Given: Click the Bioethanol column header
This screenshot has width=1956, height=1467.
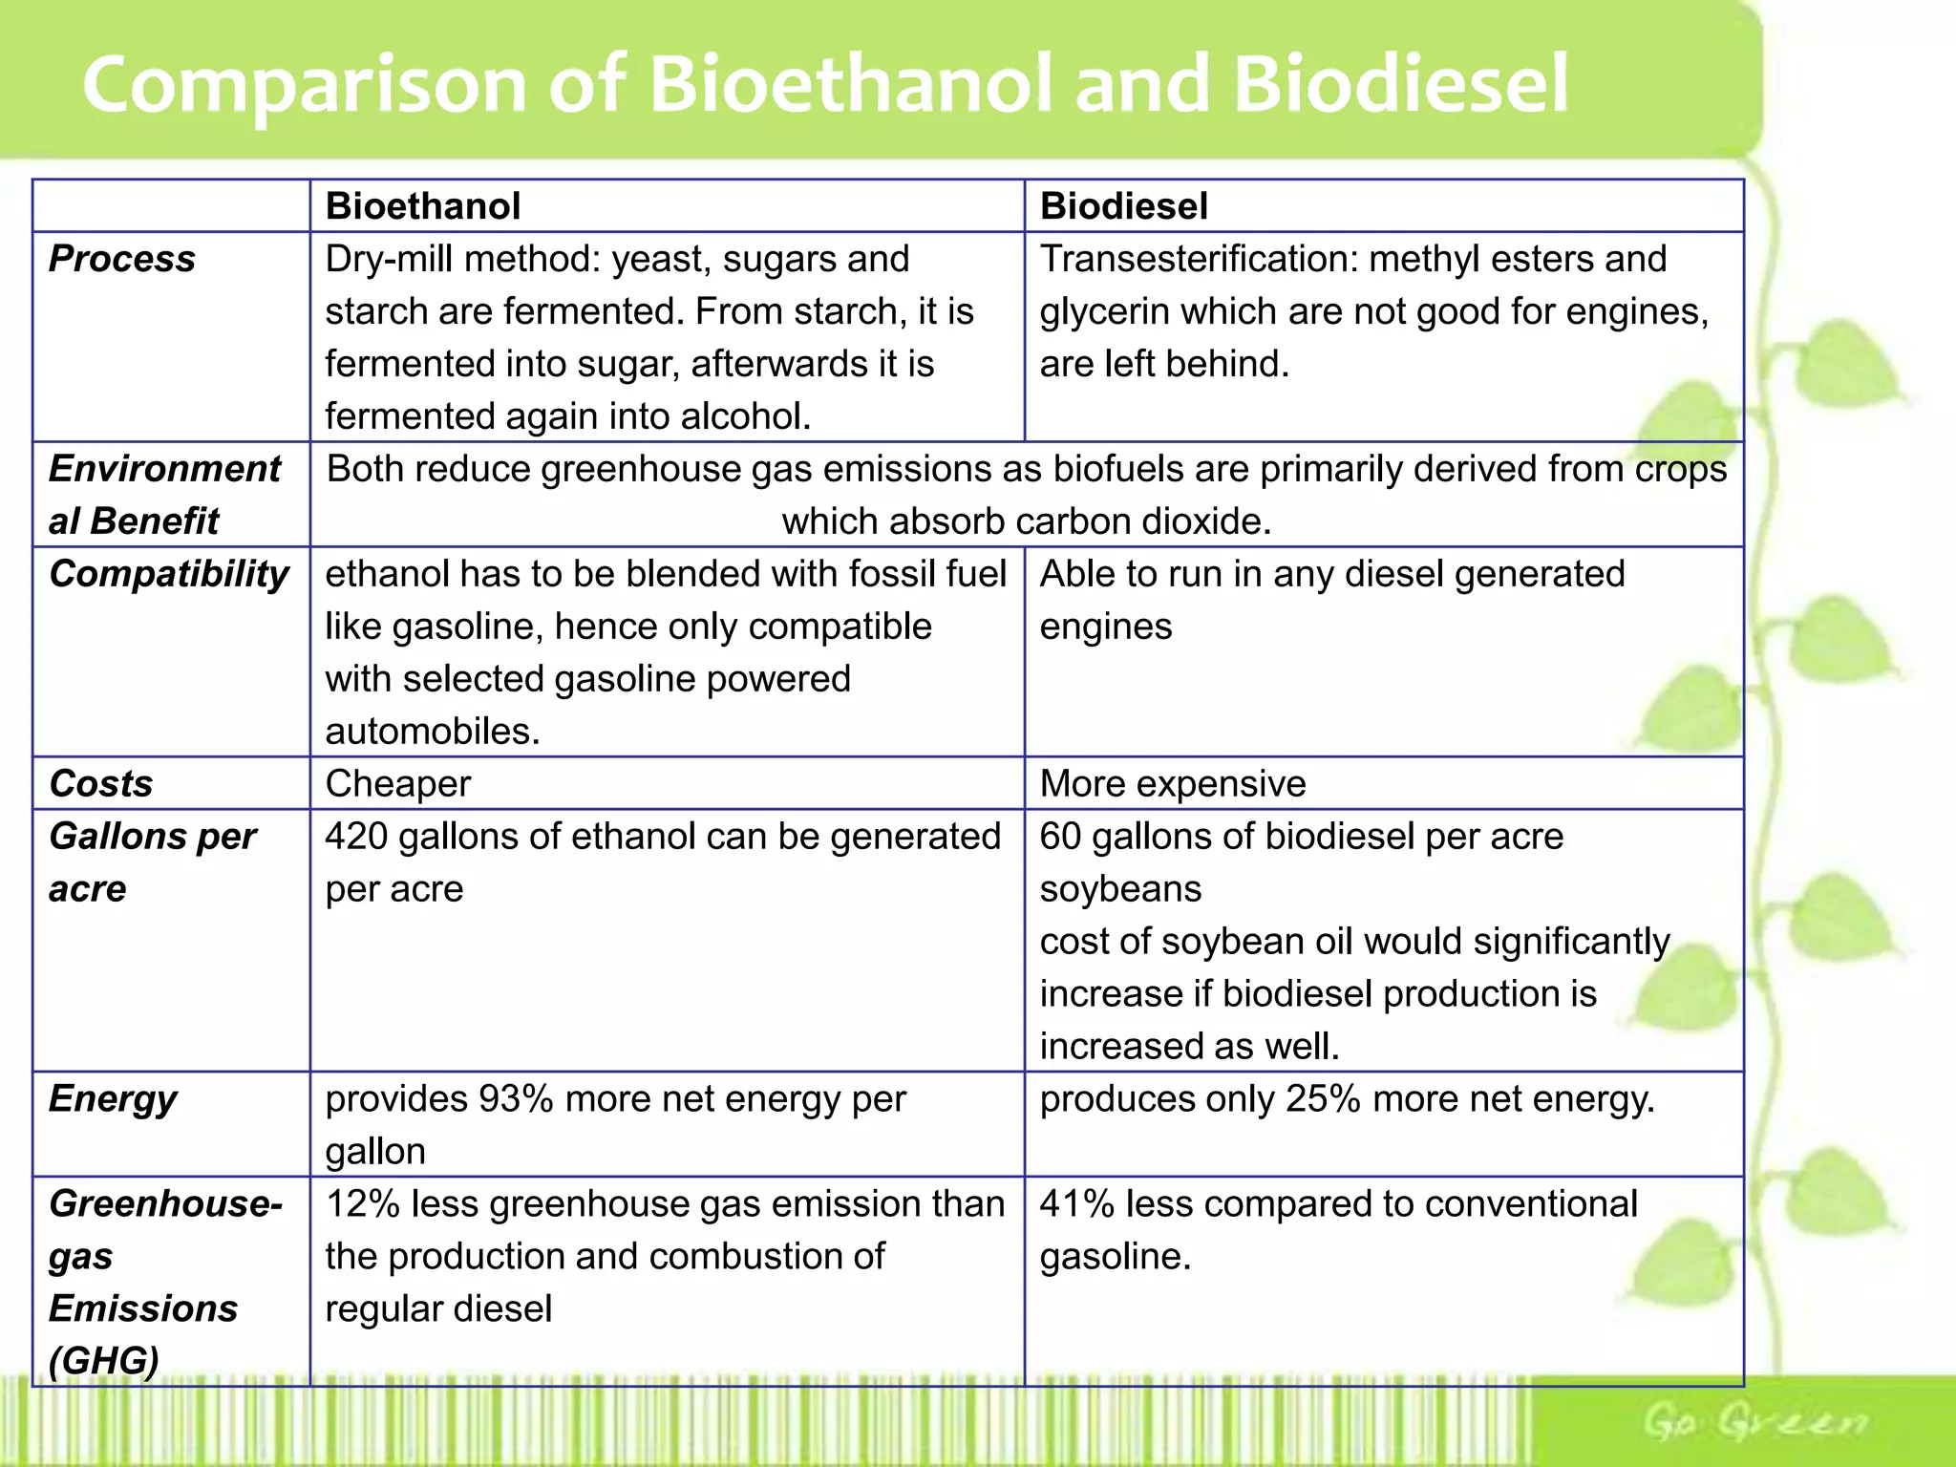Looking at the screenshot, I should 423,206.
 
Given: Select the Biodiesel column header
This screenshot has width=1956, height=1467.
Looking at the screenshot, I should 1123,206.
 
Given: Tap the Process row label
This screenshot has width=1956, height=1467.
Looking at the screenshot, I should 122,259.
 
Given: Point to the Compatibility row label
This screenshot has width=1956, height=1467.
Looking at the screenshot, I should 169,574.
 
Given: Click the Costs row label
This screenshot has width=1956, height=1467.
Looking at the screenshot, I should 101,784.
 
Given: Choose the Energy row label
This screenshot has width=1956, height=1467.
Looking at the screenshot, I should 113,1099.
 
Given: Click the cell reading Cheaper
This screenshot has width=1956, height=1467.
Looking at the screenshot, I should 398,784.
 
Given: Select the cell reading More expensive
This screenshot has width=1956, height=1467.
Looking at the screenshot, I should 1172,784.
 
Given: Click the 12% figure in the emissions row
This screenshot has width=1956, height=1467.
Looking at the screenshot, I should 362,1204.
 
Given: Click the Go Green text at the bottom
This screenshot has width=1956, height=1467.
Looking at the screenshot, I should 1754,1422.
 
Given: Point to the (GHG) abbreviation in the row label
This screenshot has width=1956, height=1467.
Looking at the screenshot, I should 104,1361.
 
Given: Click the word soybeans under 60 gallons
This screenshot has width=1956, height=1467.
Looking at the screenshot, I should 1120,889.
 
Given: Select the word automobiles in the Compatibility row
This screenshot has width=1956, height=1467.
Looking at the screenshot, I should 432,732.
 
